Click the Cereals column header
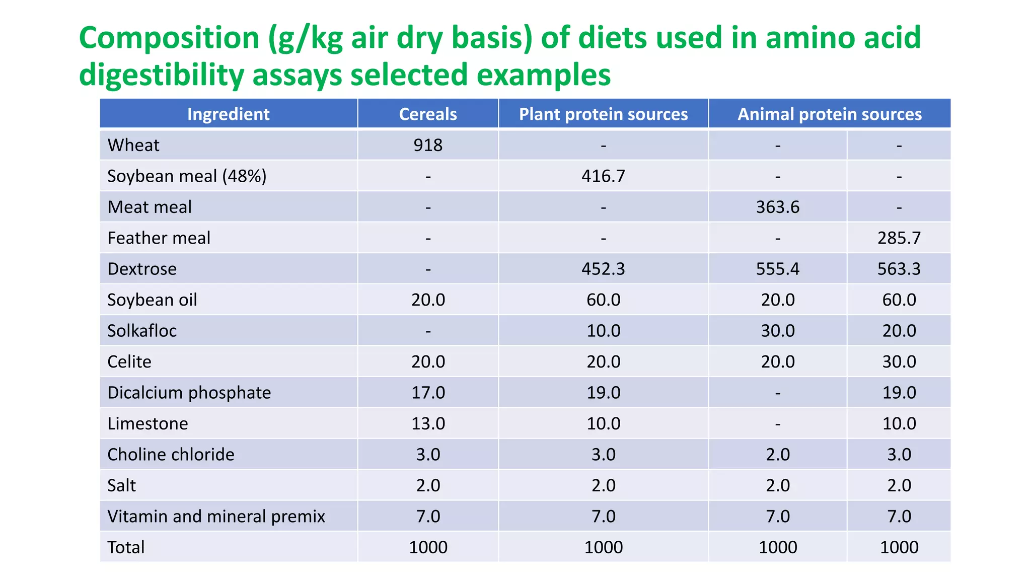(428, 114)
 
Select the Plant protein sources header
(603, 114)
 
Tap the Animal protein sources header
(829, 114)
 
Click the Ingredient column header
(228, 114)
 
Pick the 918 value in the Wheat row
(428, 146)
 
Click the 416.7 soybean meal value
(603, 176)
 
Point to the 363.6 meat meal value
(777, 207)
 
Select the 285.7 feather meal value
(899, 238)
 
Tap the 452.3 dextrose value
(603, 269)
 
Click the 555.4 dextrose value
(777, 269)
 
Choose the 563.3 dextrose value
(899, 269)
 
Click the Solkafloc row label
(142, 331)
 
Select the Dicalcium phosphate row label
(189, 393)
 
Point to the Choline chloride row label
(171, 455)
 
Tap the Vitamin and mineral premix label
(216, 517)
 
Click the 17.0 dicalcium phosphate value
(428, 393)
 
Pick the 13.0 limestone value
(428, 423)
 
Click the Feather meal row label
(159, 238)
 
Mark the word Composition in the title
(169, 38)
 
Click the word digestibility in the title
(161, 75)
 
